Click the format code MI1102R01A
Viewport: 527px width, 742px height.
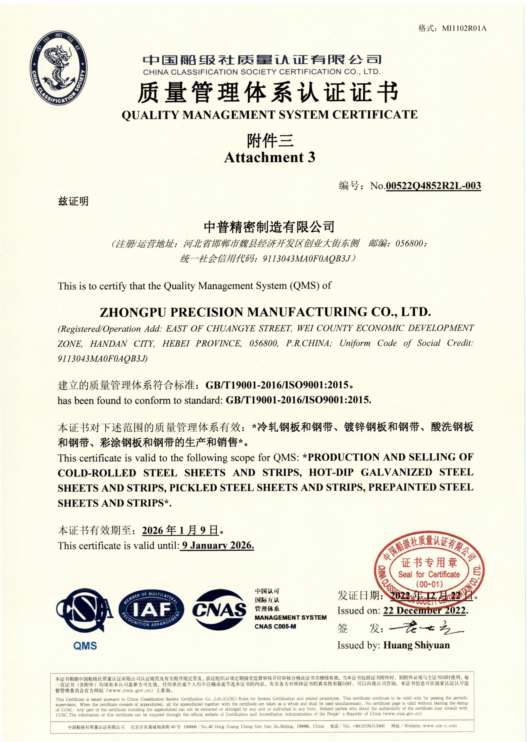point(464,29)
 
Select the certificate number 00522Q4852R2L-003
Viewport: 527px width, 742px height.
point(433,186)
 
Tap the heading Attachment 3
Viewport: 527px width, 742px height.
point(269,157)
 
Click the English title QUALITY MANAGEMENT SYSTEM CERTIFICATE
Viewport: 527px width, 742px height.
point(269,115)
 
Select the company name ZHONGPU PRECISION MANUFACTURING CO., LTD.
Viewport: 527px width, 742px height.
point(265,312)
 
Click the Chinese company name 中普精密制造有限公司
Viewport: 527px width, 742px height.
point(269,227)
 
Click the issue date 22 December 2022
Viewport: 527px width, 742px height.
point(425,611)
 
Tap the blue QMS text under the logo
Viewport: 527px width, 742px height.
point(85,646)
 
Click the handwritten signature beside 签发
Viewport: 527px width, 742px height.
point(425,628)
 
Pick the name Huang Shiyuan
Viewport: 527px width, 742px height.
point(416,645)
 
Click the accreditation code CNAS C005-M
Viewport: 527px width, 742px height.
point(275,626)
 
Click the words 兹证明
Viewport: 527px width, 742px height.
point(73,202)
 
